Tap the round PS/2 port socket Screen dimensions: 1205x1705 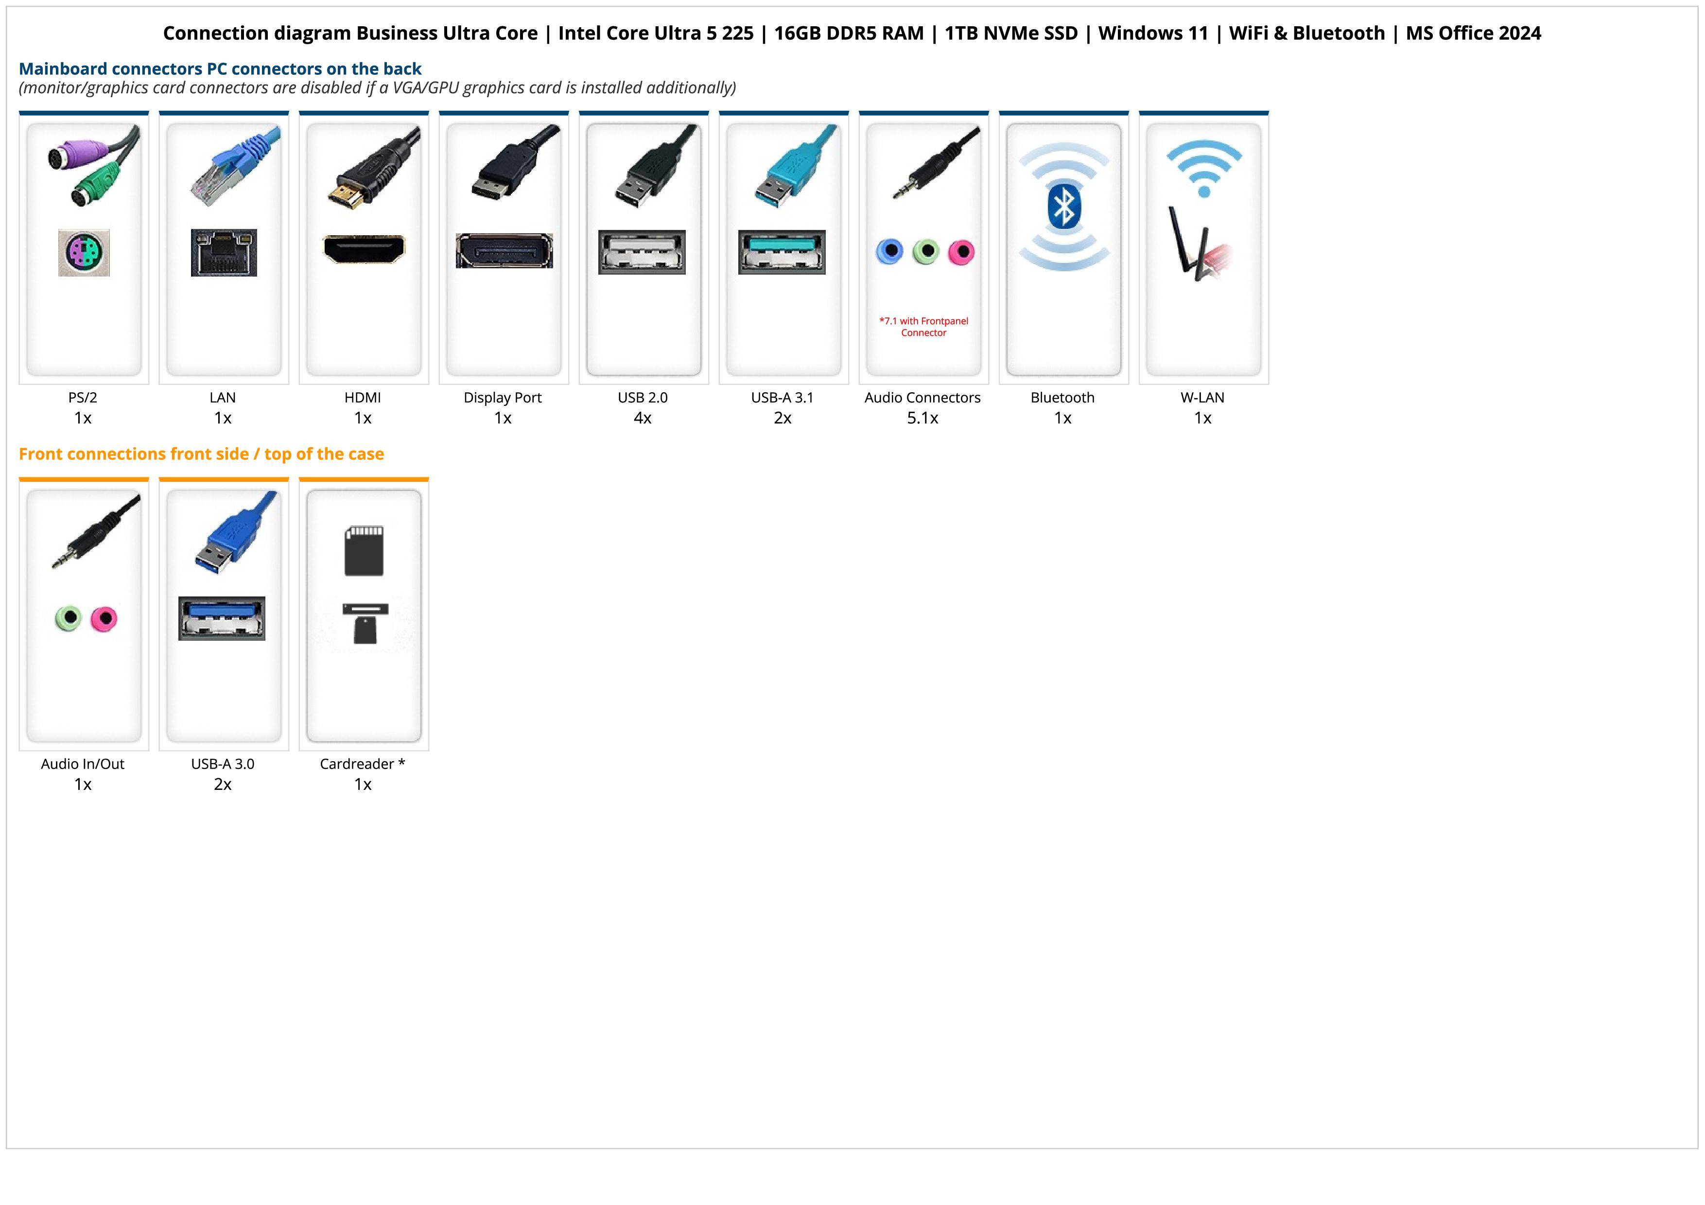point(84,253)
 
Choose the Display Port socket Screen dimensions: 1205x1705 point(504,251)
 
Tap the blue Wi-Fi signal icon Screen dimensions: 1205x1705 point(1204,169)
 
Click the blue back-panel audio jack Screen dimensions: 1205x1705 point(889,252)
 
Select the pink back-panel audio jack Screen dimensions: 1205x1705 point(962,252)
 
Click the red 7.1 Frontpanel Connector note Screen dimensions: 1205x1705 point(924,327)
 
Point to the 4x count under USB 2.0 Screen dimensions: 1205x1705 point(643,418)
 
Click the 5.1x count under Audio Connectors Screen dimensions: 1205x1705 point(922,418)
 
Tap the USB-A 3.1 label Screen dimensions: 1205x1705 point(782,397)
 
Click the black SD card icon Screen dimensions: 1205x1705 point(364,551)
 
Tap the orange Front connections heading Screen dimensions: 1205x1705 point(201,454)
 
